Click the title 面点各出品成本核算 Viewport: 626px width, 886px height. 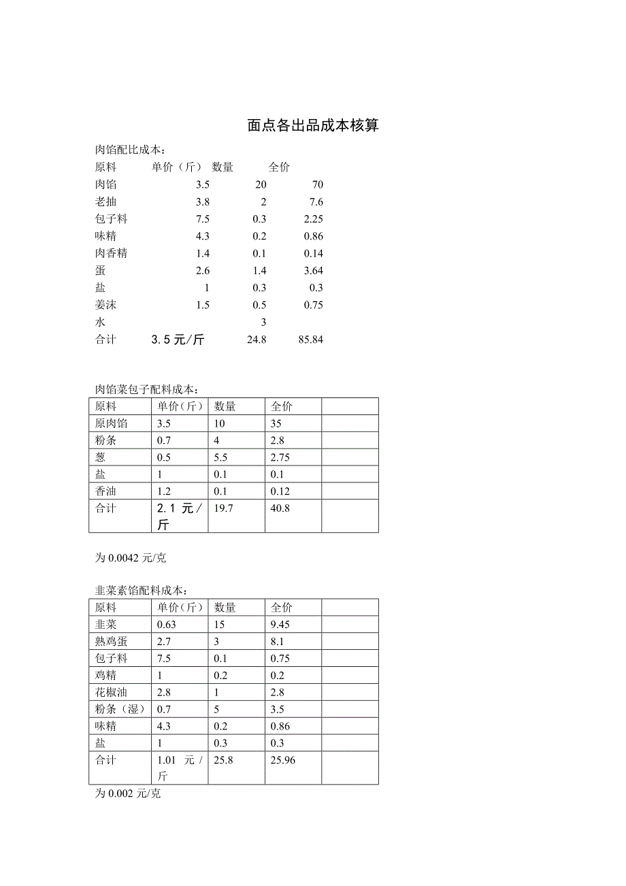coord(313,126)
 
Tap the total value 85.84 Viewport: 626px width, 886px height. coord(310,340)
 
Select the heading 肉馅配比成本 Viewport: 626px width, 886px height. coord(129,150)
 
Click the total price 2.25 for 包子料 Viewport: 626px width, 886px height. coord(313,219)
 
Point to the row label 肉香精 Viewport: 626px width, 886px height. coord(112,253)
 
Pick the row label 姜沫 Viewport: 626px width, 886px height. coord(106,305)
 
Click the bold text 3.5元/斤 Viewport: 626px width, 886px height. coord(178,340)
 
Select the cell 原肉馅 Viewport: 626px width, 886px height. coord(112,423)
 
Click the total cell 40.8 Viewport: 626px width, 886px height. coord(280,508)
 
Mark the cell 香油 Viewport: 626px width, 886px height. coord(106,491)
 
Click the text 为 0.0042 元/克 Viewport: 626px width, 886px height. coord(130,558)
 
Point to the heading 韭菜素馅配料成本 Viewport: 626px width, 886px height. coord(140,591)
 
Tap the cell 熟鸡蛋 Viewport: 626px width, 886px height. coord(112,642)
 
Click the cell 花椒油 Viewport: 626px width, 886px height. coord(112,693)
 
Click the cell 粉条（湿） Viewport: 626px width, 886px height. coord(121,710)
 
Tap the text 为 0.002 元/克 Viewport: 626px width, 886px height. coord(127,794)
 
